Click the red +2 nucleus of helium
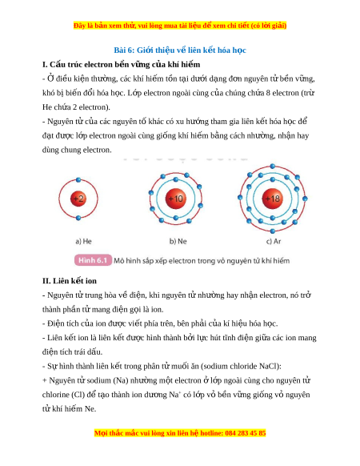tap(78, 199)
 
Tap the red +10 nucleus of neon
tap(176, 199)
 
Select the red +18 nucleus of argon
tap(272, 199)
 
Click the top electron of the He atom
tap(78, 180)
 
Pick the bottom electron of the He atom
tap(78, 218)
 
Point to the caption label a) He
tap(84, 241)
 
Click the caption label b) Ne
tap(178, 241)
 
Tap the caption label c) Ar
tap(274, 241)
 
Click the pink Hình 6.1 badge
tap(93, 260)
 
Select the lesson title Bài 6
tap(180, 50)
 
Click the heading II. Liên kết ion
tap(70, 281)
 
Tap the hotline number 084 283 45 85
tap(246, 433)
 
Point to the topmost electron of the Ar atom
tap(272, 166)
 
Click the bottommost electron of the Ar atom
tap(272, 231)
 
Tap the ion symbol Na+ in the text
tap(175, 395)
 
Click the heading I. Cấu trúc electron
tap(121, 65)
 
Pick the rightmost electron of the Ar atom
tap(305, 199)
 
